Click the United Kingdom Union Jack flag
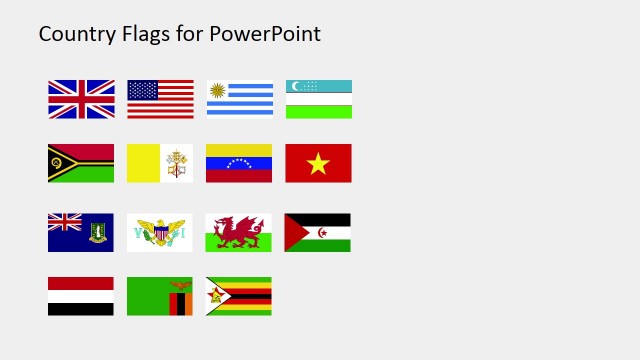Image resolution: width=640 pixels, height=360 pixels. pos(81,99)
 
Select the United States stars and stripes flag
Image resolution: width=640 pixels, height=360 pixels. pos(160,99)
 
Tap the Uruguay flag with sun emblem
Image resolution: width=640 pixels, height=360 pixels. pos(239,99)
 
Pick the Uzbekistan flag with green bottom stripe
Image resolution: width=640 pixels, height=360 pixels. pos(318,99)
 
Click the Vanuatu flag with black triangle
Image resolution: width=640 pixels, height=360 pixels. pos(81,163)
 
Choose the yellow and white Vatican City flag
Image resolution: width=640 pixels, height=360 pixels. pos(160,163)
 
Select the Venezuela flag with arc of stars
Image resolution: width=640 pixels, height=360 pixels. pos(239,163)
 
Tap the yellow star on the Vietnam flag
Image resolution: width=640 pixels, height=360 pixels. pos(318,163)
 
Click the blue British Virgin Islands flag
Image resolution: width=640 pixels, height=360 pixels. pos(81,232)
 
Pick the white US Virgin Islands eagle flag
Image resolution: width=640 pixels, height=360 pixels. pos(160,232)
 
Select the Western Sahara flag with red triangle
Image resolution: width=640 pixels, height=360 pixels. pos(318,232)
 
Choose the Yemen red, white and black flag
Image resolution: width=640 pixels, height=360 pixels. pos(81,296)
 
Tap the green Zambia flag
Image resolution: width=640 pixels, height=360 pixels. pos(160,296)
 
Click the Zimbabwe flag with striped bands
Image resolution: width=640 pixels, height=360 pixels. pos(239,296)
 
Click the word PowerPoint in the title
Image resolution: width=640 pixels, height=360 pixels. pos(265,34)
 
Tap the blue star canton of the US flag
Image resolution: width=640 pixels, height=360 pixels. pos(143,90)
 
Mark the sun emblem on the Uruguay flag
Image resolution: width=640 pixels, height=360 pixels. pos(218,91)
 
